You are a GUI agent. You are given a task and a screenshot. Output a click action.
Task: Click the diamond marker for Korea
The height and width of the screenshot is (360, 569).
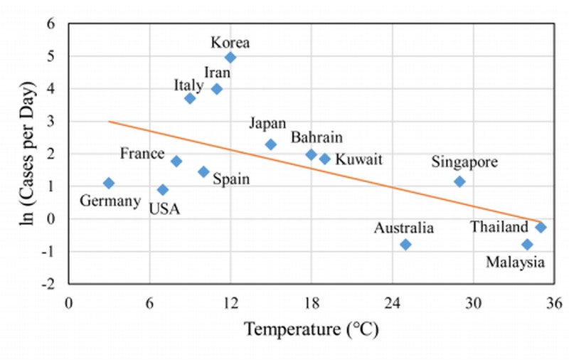(230, 58)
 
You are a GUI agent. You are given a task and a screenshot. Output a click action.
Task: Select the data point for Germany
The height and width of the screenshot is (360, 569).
(109, 183)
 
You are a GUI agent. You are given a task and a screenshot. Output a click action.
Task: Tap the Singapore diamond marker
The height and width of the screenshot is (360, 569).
(459, 181)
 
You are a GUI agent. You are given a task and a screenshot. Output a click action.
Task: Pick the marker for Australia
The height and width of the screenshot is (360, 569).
(405, 245)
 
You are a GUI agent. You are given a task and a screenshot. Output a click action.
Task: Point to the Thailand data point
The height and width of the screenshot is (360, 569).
(541, 228)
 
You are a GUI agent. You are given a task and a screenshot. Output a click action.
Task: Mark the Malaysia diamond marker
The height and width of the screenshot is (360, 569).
(527, 245)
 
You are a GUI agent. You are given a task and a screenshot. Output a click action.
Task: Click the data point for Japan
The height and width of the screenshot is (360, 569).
(271, 144)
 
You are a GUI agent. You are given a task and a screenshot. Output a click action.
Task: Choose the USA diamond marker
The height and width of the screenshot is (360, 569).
(163, 189)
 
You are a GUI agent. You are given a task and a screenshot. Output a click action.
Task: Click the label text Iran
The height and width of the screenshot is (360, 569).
(218, 73)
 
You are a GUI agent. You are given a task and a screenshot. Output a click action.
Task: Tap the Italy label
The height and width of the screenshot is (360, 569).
(188, 85)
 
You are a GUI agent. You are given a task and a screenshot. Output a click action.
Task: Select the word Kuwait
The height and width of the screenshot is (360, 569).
(358, 159)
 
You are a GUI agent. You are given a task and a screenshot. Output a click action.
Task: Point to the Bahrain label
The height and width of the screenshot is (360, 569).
(317, 137)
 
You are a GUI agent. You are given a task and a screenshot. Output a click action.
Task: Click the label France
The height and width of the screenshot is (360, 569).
(142, 154)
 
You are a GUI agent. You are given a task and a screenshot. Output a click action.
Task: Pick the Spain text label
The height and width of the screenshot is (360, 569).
(231, 179)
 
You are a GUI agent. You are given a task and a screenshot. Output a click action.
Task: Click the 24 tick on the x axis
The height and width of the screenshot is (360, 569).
(393, 303)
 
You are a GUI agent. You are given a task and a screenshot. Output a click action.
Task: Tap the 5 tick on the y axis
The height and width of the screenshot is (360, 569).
(50, 57)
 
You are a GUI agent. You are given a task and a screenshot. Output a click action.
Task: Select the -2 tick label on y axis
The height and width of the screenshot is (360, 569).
(48, 284)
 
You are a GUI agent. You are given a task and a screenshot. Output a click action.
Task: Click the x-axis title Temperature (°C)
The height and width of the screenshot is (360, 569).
(312, 329)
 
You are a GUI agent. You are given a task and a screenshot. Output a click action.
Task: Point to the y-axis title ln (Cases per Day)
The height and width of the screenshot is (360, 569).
(28, 154)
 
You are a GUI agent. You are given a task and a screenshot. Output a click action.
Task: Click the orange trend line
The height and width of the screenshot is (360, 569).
(325, 171)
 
